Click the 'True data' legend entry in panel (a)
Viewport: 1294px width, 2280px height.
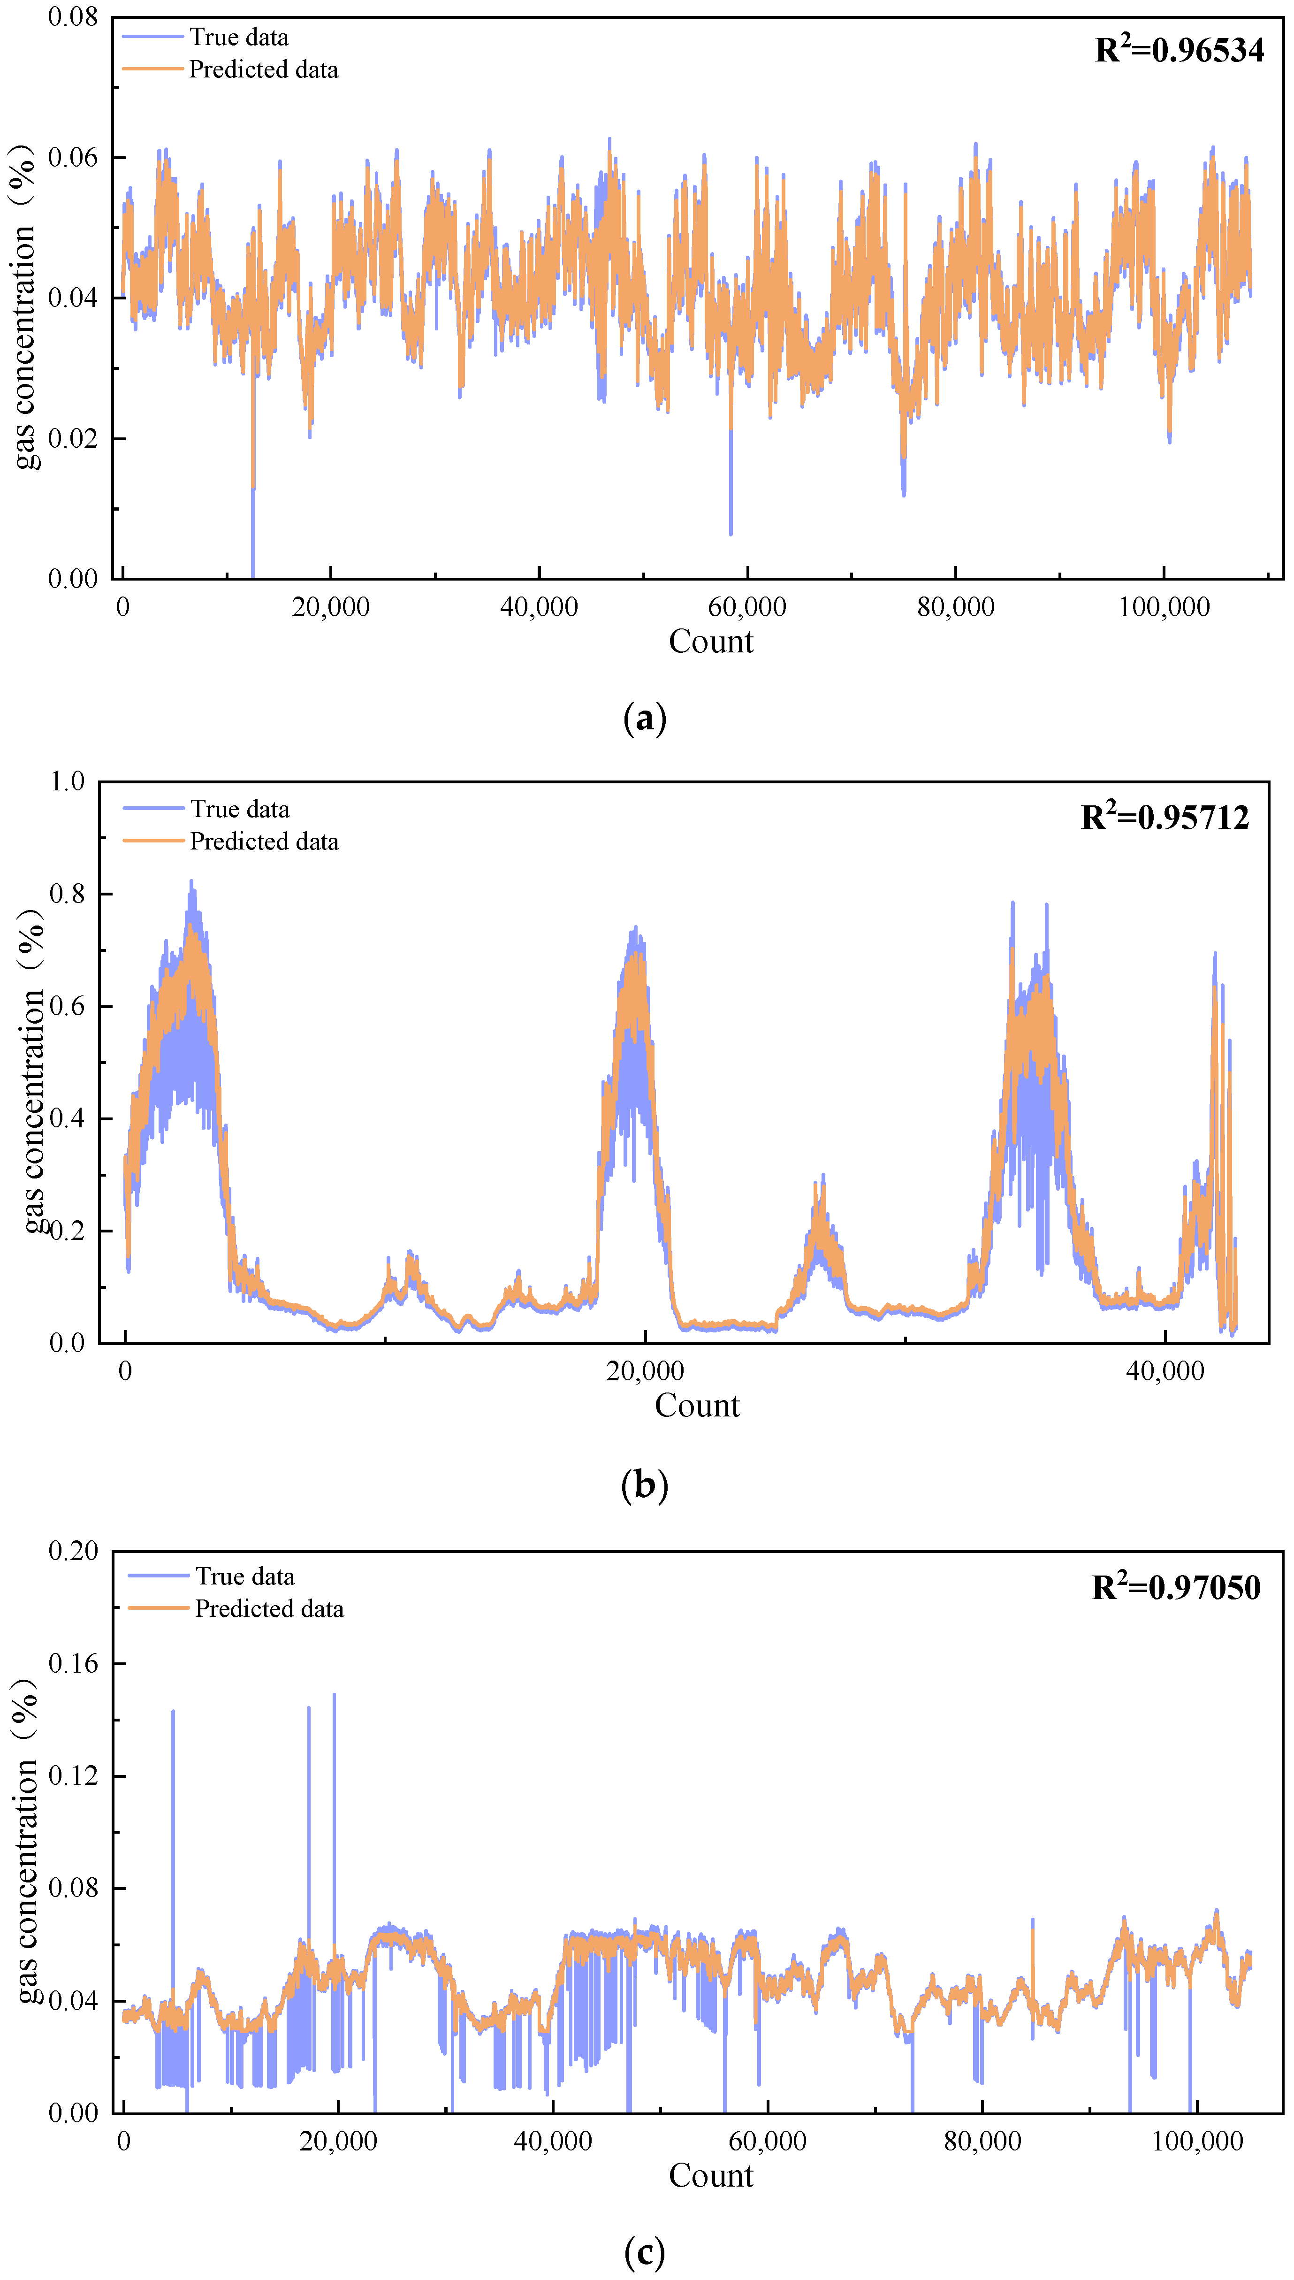[238, 38]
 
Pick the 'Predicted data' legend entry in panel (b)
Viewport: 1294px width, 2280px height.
[264, 842]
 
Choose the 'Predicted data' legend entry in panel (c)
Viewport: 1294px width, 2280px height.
[269, 1609]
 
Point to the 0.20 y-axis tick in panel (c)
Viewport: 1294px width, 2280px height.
[73, 1551]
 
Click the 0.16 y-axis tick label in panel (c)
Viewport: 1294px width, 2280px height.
[73, 1663]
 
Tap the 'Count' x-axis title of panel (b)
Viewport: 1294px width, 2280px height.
[697, 1405]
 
